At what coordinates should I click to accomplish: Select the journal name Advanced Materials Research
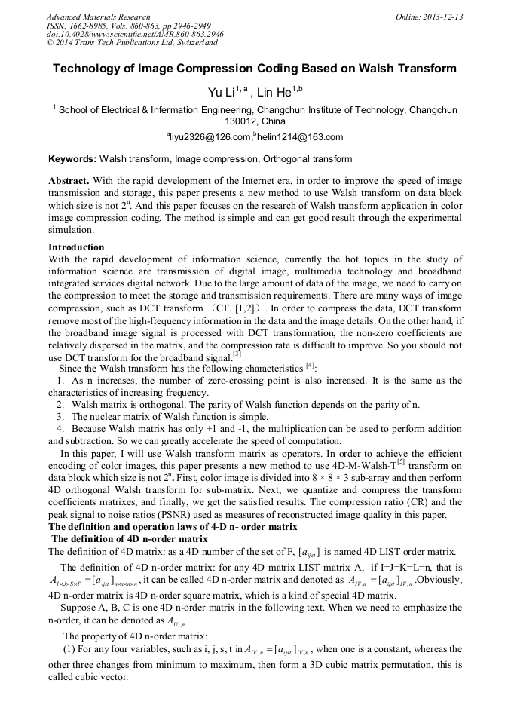tap(99, 17)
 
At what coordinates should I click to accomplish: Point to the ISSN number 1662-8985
tap(91, 26)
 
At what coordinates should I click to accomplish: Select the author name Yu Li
tap(220, 93)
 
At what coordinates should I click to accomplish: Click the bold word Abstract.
tap(69, 182)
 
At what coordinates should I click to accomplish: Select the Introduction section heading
tap(76, 247)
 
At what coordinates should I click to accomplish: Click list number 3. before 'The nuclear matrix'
tap(62, 416)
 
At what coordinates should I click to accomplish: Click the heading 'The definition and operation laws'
tap(173, 526)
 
